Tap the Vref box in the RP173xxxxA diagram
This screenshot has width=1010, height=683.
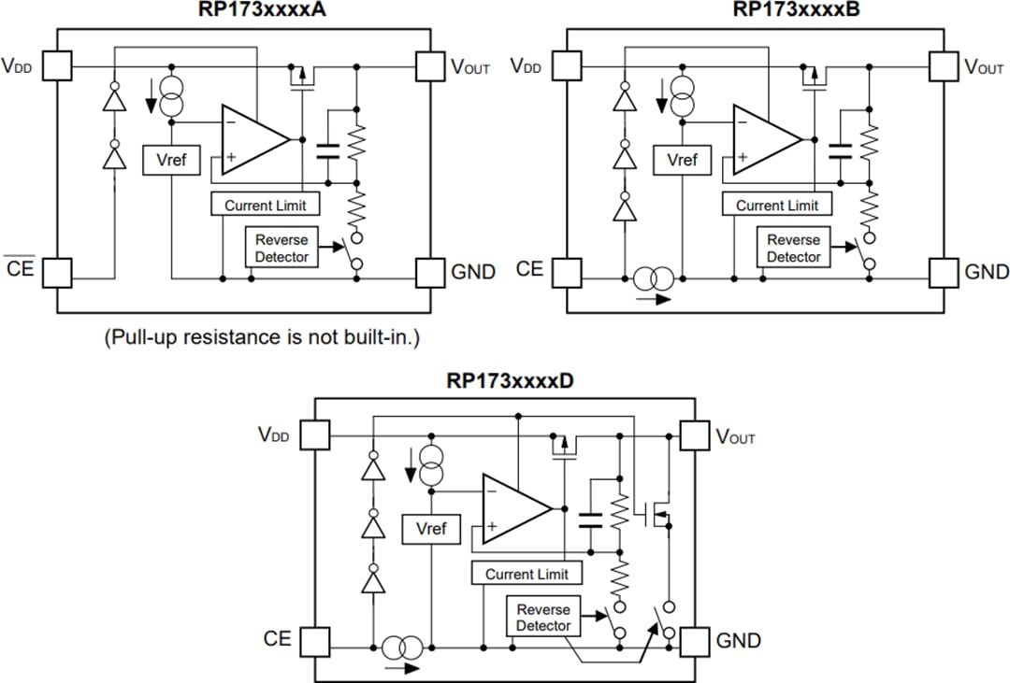(x=171, y=160)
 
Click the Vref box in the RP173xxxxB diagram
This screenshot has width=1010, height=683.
(x=682, y=160)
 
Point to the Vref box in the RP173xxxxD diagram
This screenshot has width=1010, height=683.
(x=431, y=529)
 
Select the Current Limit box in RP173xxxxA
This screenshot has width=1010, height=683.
(x=266, y=205)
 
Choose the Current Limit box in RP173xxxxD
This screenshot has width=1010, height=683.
(x=527, y=574)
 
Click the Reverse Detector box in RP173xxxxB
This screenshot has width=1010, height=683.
(x=793, y=249)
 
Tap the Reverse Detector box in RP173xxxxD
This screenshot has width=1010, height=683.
(x=543, y=618)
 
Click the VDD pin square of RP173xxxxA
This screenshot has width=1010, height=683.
(x=58, y=65)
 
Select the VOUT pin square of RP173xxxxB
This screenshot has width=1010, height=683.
(x=943, y=65)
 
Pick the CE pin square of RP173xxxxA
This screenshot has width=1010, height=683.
(x=58, y=272)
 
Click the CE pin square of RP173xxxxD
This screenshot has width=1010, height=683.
(x=316, y=641)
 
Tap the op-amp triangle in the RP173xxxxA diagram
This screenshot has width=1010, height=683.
(x=251, y=140)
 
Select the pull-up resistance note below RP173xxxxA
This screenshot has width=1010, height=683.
(x=261, y=337)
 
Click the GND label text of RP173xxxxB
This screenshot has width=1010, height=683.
(x=986, y=272)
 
